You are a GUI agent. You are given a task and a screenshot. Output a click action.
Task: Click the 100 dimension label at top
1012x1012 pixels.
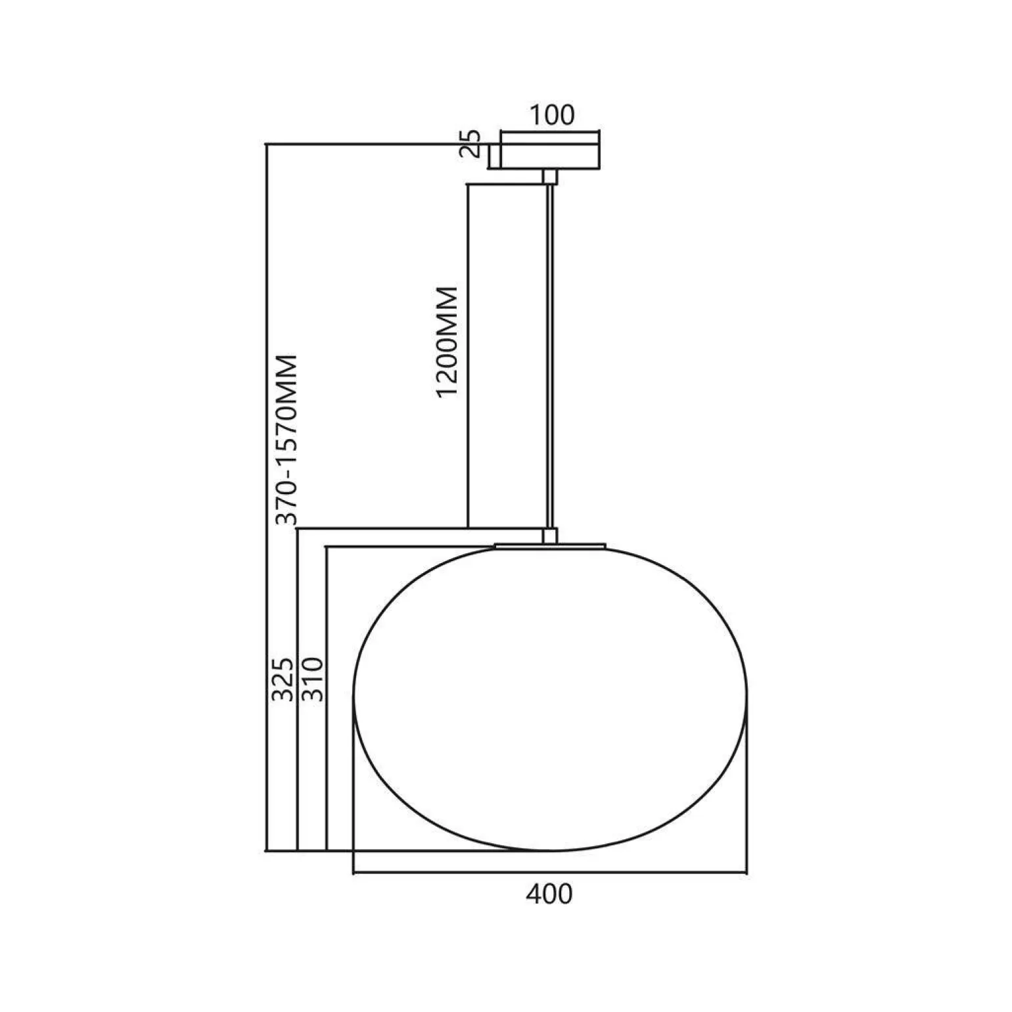point(551,115)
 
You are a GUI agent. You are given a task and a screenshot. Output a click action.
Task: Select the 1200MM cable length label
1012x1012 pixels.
point(447,342)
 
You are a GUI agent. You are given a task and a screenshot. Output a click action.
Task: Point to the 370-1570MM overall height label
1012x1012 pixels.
point(287,440)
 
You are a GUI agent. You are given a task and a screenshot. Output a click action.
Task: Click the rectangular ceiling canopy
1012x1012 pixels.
point(550,156)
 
